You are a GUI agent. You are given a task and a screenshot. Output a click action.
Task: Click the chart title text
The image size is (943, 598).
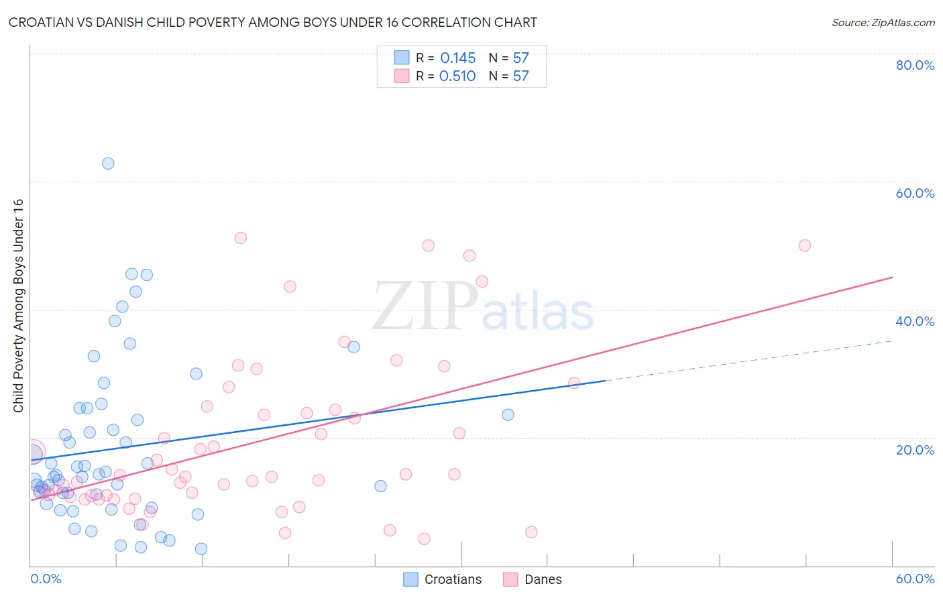[272, 22]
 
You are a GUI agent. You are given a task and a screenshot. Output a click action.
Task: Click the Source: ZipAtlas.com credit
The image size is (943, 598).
[883, 23]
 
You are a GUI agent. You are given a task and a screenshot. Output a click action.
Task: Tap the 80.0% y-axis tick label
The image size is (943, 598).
[915, 65]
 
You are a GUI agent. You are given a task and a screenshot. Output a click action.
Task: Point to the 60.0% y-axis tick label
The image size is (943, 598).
[915, 193]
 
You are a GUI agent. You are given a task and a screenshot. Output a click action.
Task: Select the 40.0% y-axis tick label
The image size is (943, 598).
[915, 321]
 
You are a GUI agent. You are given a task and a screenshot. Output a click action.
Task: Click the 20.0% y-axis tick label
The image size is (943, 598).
[915, 450]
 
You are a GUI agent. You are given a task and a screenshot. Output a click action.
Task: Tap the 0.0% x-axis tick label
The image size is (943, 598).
[46, 579]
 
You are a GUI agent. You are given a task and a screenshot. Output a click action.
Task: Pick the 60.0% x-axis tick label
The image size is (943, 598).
[915, 579]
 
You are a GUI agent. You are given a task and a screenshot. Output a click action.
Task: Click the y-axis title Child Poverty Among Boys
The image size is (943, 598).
[18, 306]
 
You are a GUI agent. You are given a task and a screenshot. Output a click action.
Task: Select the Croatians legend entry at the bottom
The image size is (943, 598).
[443, 579]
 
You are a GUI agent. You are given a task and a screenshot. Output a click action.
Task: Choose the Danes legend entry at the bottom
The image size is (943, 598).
[533, 579]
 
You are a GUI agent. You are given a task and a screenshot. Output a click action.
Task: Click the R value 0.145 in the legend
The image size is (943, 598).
[457, 58]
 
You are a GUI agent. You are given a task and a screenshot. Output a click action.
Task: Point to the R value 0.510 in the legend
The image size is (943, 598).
[457, 76]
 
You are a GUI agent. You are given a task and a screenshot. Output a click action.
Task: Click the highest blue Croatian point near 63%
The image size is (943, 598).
[108, 164]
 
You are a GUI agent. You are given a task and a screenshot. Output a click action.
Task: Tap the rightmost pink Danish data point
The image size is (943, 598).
[805, 245]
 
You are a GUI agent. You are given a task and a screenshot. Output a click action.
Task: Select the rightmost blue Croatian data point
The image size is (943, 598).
[508, 415]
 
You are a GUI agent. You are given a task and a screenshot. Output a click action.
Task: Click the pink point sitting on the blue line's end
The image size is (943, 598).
[574, 383]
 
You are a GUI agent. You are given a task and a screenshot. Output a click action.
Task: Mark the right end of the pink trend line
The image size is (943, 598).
[892, 277]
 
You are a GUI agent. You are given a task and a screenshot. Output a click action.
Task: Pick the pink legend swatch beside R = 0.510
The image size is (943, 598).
[402, 76]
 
